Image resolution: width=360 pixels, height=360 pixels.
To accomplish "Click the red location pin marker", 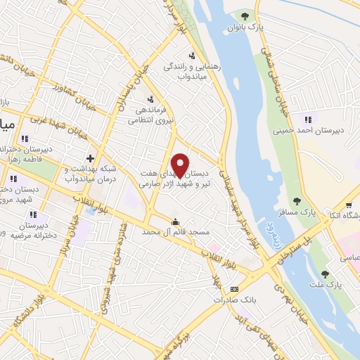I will [x=180, y=165].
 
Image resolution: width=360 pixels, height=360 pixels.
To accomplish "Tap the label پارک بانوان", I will [x=245, y=27].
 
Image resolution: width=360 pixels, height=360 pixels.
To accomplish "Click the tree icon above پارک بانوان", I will [x=245, y=15].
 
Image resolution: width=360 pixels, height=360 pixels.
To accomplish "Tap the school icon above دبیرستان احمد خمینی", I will [x=307, y=117].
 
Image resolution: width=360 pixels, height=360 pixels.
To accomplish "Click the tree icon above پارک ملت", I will [x=324, y=274].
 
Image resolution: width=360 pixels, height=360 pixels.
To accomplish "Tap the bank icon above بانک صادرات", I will [x=234, y=289].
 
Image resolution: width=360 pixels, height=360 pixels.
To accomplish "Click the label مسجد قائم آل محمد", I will [x=169, y=231].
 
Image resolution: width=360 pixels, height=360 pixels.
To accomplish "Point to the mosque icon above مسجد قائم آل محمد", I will [x=174, y=221].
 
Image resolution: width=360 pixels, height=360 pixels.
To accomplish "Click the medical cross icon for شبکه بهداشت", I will [x=89, y=159].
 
